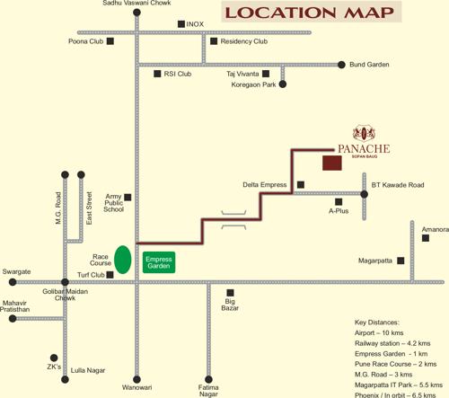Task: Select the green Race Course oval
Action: (x=122, y=261)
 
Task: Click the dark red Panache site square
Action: (x=332, y=163)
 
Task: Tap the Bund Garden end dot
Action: (x=341, y=65)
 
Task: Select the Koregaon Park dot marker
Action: (x=283, y=84)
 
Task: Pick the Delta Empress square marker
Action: (x=300, y=185)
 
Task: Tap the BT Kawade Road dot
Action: (x=365, y=193)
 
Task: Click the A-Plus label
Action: (x=339, y=211)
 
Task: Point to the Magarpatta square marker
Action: (x=401, y=261)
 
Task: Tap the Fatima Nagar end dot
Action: (x=208, y=378)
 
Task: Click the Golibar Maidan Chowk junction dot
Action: (x=65, y=282)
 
